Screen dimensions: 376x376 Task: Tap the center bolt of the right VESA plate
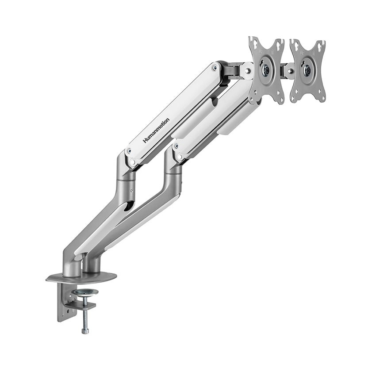click(307, 69)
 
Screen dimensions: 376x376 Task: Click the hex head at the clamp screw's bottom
click(85, 330)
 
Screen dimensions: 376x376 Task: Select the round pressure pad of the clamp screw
click(85, 292)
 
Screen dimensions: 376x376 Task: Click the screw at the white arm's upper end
click(215, 68)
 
